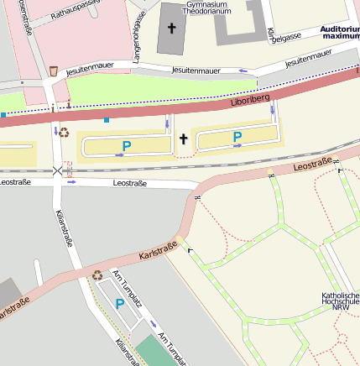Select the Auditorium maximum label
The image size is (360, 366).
click(340, 33)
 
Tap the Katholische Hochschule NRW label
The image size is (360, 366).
click(341, 301)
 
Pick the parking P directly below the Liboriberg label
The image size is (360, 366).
click(237, 137)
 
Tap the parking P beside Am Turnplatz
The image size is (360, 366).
click(120, 304)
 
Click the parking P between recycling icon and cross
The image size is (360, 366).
click(127, 146)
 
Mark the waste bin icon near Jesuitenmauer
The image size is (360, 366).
click(55, 71)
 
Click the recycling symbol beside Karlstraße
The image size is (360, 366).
click(97, 274)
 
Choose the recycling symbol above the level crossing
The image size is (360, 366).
click(64, 133)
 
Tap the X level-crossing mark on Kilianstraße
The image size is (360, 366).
click(57, 170)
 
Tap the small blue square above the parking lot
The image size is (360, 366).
click(107, 119)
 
